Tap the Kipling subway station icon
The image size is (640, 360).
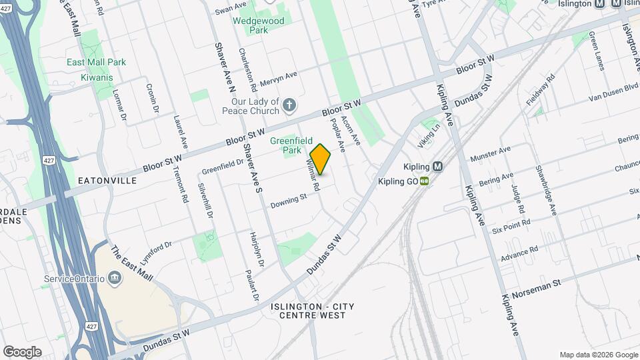pyautogui.click(x=438, y=167)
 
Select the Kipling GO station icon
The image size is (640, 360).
pyautogui.click(x=424, y=181)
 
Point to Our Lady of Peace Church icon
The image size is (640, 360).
pyautogui.click(x=289, y=105)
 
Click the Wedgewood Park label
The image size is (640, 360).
pyautogui.click(x=258, y=25)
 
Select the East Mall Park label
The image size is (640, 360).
pyautogui.click(x=96, y=62)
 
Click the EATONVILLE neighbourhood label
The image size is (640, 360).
pyautogui.click(x=107, y=181)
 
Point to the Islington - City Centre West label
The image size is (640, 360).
pyautogui.click(x=313, y=311)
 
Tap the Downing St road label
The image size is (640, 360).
pyautogui.click(x=289, y=199)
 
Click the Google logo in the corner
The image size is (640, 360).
pyautogui.click(x=22, y=351)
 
